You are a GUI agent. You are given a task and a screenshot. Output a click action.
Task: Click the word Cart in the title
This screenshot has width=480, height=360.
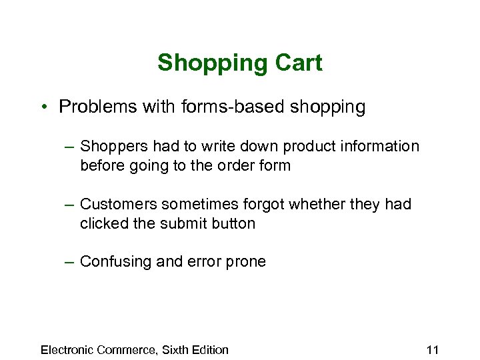click(297, 63)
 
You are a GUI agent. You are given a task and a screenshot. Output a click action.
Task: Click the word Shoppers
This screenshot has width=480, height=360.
click(114, 147)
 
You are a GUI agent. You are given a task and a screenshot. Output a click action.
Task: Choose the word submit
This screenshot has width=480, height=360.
click(181, 223)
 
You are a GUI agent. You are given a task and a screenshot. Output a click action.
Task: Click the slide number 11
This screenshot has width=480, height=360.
click(432, 349)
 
